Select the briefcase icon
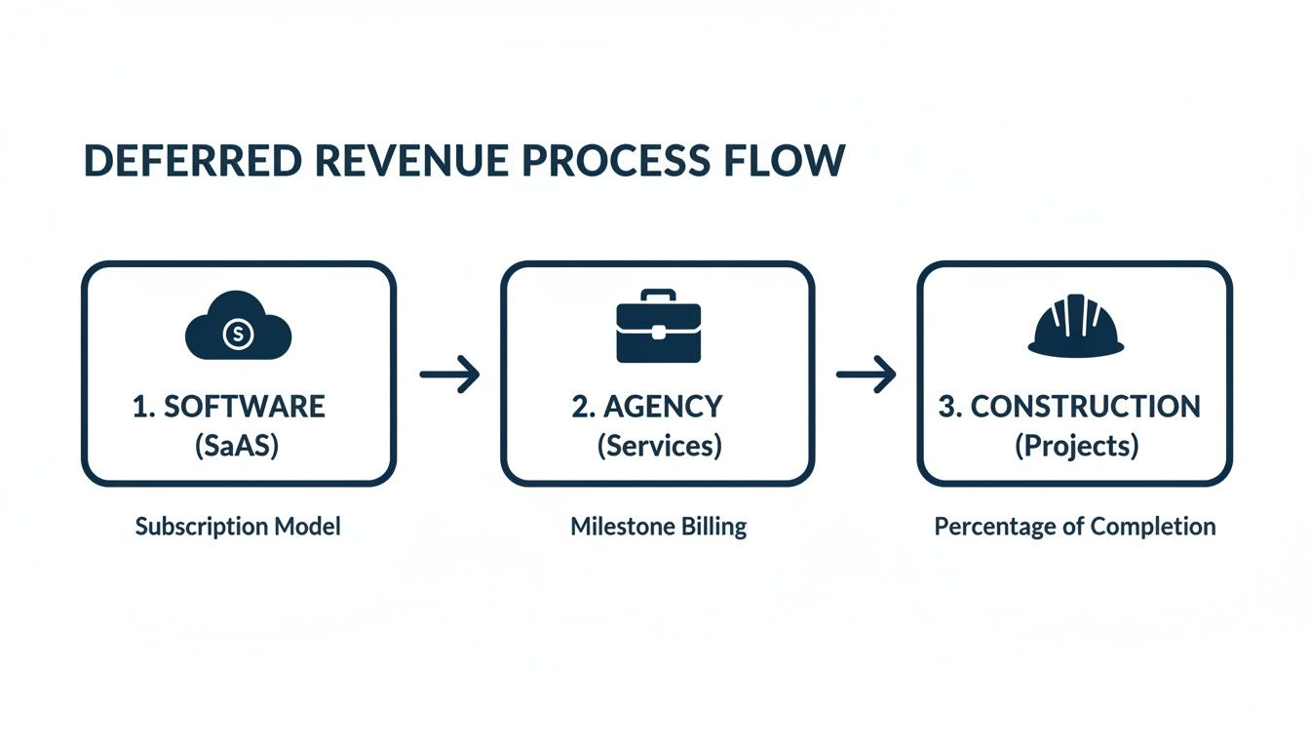(658, 328)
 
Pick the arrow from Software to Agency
(449, 374)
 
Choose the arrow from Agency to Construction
(866, 374)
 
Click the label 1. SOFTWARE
(228, 407)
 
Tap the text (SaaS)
(238, 447)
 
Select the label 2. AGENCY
(647, 407)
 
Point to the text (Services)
(659, 447)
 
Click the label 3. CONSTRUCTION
(1069, 407)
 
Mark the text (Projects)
(1076, 447)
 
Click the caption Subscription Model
(238, 528)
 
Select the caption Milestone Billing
(659, 528)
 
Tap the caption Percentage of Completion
(1075, 528)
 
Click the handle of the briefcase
(658, 296)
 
